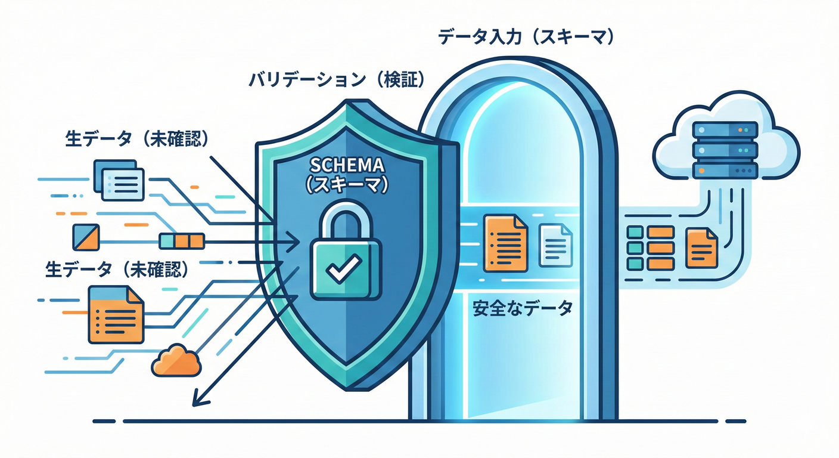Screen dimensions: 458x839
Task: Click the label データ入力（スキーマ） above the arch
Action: tap(526, 38)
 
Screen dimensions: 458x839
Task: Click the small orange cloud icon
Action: tap(176, 360)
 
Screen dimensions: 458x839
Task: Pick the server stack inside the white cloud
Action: tap(725, 150)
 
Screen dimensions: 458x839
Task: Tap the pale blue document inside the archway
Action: tap(555, 245)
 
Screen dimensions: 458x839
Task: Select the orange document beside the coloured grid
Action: tap(701, 247)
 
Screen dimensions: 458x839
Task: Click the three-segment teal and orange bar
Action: tap(182, 241)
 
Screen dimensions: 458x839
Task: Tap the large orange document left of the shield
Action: tap(116, 314)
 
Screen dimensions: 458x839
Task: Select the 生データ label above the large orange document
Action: tap(117, 269)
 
